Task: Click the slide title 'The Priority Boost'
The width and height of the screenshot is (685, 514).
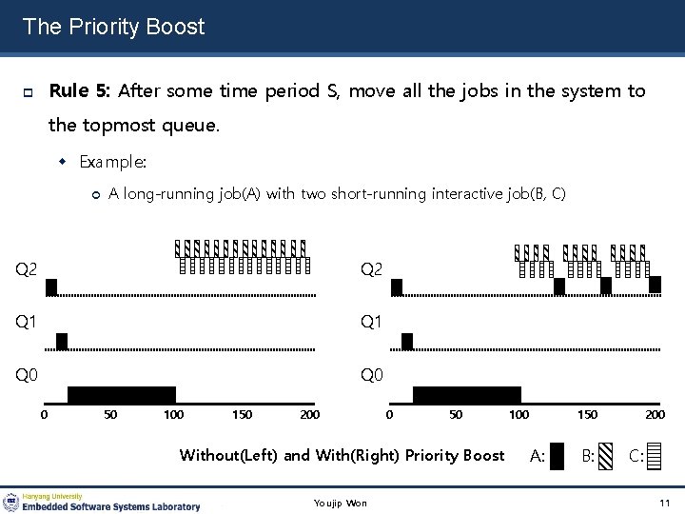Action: pos(113,27)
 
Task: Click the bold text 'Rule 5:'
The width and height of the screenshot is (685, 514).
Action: pos(81,91)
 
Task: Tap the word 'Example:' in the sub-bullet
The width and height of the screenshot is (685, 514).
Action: pos(112,162)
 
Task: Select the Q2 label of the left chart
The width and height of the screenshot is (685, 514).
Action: pos(27,270)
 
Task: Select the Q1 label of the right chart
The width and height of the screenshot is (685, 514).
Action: pos(371,324)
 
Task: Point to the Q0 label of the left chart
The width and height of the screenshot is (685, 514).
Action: pos(27,376)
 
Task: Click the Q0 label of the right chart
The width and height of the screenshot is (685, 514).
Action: pos(371,376)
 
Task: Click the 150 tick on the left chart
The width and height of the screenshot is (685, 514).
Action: pos(242,415)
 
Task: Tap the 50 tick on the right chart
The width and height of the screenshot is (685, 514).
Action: pos(455,415)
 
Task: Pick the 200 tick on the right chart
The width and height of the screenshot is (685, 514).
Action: pos(655,415)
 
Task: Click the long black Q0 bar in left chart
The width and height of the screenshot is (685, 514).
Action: pos(122,395)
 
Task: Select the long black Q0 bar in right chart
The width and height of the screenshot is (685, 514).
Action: pos(466,395)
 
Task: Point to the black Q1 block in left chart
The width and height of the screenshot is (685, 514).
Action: pos(63,341)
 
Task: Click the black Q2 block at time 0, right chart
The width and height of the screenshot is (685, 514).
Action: pos(398,287)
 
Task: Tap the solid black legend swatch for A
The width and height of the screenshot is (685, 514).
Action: pos(558,456)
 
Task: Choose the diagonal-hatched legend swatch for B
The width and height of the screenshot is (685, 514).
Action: pos(606,456)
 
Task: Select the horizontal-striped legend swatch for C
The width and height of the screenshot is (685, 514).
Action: pos(653,456)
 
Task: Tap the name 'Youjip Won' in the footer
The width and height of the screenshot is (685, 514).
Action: pos(340,503)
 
